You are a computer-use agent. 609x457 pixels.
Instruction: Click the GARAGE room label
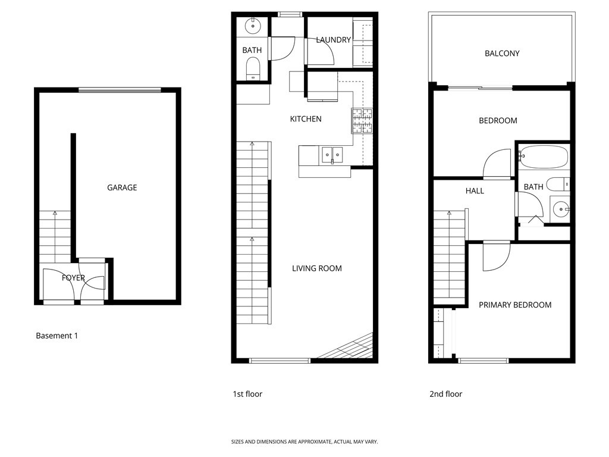click(x=122, y=187)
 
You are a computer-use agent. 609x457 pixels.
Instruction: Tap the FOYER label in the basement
click(x=73, y=278)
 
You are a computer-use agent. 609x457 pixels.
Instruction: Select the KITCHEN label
click(x=306, y=119)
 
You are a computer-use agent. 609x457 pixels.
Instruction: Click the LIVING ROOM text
click(x=317, y=268)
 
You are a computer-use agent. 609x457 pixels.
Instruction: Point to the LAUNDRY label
click(x=333, y=40)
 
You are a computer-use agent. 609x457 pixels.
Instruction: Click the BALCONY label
click(x=502, y=54)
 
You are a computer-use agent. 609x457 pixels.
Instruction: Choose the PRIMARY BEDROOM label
click(x=515, y=305)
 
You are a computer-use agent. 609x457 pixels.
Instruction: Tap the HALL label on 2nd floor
click(x=475, y=191)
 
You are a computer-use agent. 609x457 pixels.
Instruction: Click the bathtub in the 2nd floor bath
click(x=544, y=157)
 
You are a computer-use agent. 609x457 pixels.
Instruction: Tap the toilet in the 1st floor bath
click(x=253, y=68)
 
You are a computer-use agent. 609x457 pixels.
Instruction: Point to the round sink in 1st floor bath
click(x=253, y=25)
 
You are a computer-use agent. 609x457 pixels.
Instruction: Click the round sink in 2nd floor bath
click(x=560, y=208)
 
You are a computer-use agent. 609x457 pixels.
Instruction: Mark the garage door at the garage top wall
click(x=120, y=90)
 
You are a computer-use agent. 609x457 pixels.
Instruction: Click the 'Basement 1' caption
click(x=57, y=336)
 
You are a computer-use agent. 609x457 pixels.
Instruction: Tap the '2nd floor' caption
click(x=445, y=394)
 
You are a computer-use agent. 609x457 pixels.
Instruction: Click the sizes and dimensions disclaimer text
click(x=304, y=442)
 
